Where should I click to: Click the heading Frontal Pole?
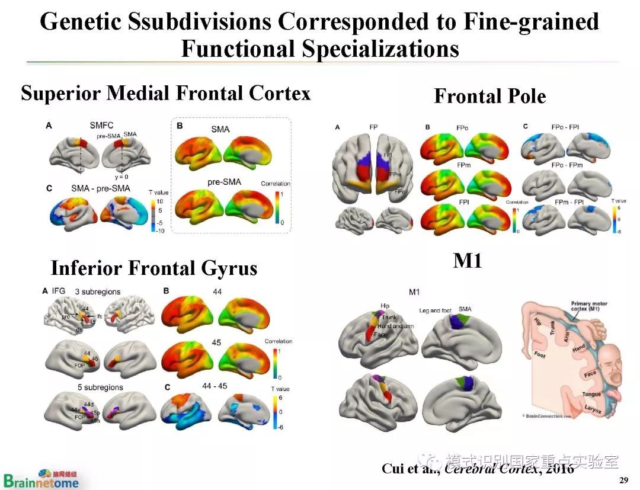[489, 96]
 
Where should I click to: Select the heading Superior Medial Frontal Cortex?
[166, 93]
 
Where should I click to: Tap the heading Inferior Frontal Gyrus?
[154, 268]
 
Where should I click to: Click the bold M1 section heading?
[468, 260]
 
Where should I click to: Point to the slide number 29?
[623, 479]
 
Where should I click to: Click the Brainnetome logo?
[40, 479]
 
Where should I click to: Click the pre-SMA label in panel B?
[224, 182]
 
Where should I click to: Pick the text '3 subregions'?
[97, 292]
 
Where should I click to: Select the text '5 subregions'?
[98, 387]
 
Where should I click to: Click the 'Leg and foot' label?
[436, 310]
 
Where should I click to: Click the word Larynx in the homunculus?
[593, 409]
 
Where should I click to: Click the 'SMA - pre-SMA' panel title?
[100, 189]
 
